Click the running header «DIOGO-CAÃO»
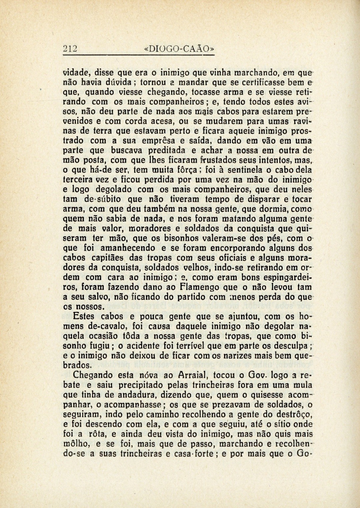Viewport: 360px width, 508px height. tap(179, 49)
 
